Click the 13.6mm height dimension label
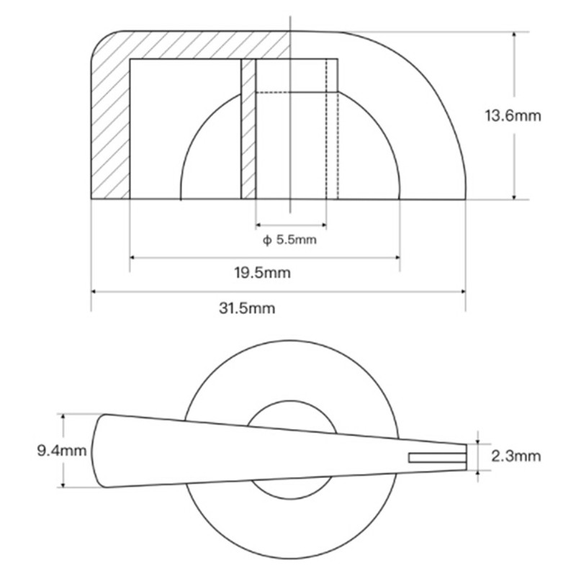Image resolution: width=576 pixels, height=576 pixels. coord(513,116)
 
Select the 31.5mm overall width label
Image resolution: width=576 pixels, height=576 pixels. coord(247,308)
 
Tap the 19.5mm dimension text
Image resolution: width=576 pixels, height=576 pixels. coord(262,273)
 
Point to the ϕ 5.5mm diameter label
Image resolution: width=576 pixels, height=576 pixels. coord(289,240)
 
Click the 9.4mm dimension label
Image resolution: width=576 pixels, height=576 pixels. coord(62,451)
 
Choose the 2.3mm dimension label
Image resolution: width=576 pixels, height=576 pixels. coord(516,456)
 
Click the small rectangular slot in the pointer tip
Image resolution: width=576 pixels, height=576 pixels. coord(438,458)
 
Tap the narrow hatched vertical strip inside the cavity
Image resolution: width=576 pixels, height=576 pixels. coord(248,129)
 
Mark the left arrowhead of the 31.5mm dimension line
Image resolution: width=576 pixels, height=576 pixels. coord(94,292)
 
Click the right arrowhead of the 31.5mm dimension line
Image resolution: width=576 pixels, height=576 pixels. coord(463,292)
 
